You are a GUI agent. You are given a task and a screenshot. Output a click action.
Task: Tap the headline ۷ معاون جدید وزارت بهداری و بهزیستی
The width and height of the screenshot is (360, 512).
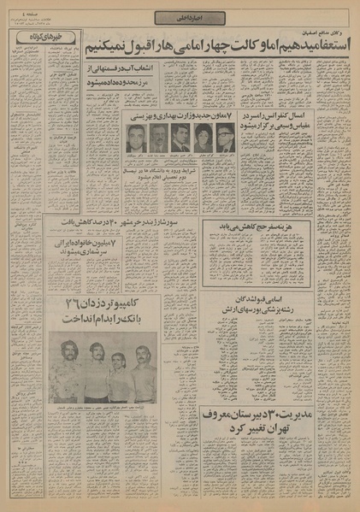pos(180,114)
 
